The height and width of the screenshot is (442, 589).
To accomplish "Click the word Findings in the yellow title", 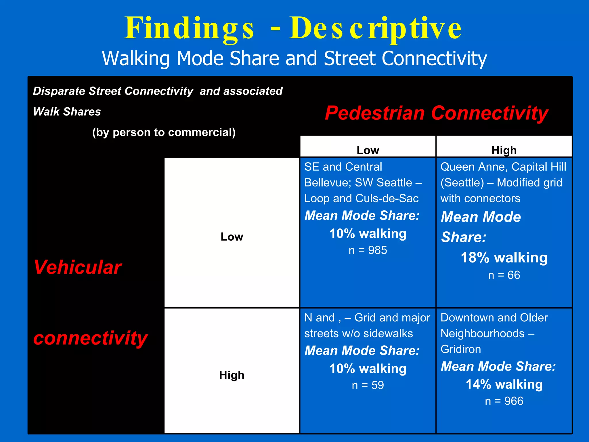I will tap(189, 28).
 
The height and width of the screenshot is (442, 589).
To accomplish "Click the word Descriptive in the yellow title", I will tap(375, 28).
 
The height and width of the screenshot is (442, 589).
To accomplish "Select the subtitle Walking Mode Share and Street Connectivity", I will tap(294, 58).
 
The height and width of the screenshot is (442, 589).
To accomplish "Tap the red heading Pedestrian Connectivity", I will tap(436, 113).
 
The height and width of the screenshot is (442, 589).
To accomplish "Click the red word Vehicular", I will tap(78, 267).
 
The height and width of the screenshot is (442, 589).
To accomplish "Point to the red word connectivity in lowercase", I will tap(90, 338).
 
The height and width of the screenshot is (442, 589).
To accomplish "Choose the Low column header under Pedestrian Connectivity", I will tap(368, 150).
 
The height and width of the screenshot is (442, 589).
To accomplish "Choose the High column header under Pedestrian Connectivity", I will tap(504, 150).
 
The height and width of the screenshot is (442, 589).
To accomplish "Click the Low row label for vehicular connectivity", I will tap(232, 237).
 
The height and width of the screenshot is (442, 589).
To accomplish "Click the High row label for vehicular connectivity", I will tap(232, 375).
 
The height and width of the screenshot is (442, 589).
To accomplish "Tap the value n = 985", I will tap(368, 250).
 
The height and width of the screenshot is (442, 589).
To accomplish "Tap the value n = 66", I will tap(504, 275).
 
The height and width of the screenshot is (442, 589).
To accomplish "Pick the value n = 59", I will tap(368, 385).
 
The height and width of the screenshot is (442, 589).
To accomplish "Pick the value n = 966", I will tap(504, 401).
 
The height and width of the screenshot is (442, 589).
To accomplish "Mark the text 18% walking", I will tap(504, 258).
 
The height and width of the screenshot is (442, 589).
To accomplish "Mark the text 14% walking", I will tap(504, 384).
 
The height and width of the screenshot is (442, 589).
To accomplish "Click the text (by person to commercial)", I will tap(164, 132).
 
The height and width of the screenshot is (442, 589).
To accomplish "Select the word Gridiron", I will tap(461, 349).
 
